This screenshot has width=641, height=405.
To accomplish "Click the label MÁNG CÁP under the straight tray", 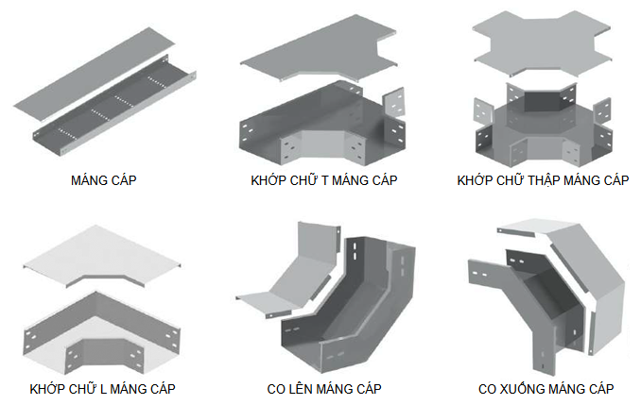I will tap(103, 179).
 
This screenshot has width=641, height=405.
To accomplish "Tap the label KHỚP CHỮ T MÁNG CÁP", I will tap(324, 179).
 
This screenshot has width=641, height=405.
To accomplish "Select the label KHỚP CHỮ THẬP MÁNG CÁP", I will tap(543, 179).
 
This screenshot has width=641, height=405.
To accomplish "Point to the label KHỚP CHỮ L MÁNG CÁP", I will tap(103, 388).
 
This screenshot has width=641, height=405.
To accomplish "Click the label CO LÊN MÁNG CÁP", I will tap(324, 388).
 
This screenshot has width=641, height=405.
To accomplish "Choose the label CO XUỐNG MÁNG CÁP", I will tap(546, 388).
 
